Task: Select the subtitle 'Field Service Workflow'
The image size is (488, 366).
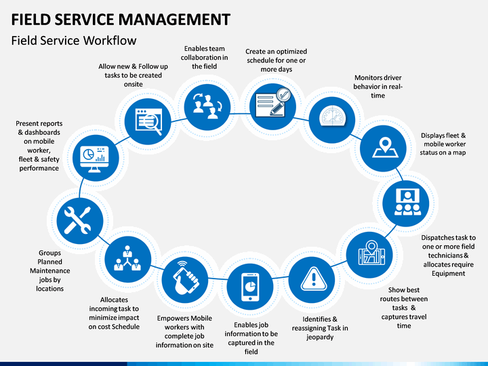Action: pyautogui.click(x=74, y=41)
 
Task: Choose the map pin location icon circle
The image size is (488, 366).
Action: pyautogui.click(x=385, y=149)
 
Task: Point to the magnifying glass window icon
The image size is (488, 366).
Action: pyautogui.click(x=148, y=120)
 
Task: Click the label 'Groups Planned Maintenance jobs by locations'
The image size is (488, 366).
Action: pyautogui.click(x=49, y=270)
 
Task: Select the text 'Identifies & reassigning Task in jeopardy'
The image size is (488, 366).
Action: pyautogui.click(x=320, y=328)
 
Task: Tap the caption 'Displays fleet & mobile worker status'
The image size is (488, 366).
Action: pyautogui.click(x=444, y=144)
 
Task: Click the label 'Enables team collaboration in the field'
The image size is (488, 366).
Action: pyautogui.click(x=204, y=58)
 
